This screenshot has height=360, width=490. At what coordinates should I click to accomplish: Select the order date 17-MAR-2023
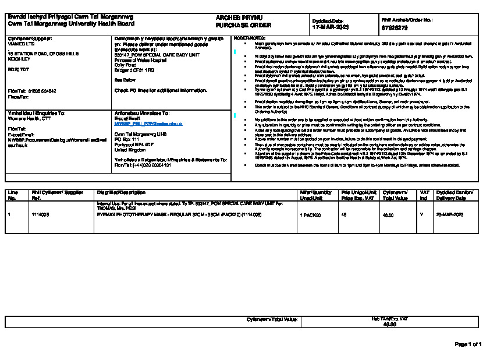(x=331, y=27)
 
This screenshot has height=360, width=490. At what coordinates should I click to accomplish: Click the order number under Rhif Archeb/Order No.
(x=394, y=27)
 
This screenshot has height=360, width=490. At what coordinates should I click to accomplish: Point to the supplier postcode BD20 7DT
(x=19, y=69)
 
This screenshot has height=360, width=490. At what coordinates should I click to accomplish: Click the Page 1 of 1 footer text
(x=467, y=344)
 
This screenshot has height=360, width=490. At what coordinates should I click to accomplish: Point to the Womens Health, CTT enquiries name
(x=29, y=118)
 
